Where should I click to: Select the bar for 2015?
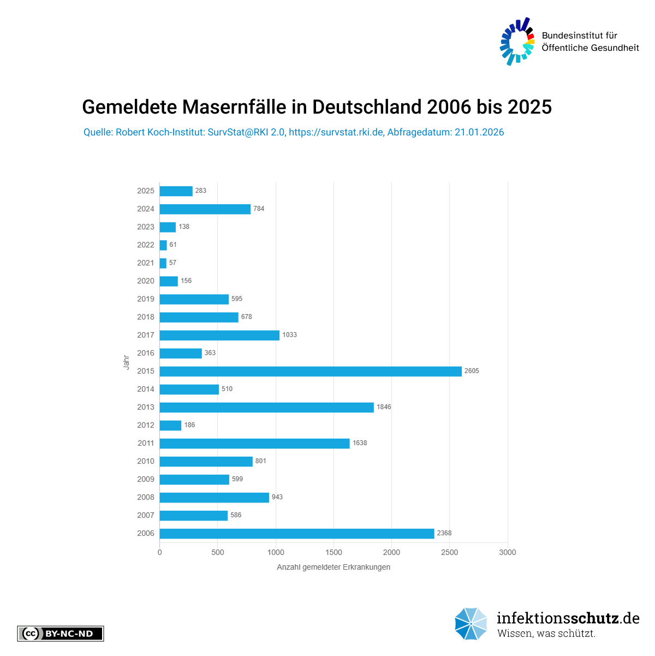click(311, 371)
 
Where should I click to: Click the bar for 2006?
click(297, 534)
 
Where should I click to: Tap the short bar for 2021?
click(163, 263)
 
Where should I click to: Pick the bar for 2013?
click(267, 407)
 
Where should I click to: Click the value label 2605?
click(472, 371)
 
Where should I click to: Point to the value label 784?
click(259, 209)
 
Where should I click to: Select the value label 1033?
click(289, 335)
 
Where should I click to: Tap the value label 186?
click(189, 425)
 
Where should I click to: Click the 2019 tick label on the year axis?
click(146, 299)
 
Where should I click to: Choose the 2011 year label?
click(146, 444)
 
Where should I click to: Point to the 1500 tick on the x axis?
click(334, 553)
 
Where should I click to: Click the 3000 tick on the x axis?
click(508, 553)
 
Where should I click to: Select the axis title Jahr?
click(126, 362)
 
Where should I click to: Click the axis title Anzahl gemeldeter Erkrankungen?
click(334, 568)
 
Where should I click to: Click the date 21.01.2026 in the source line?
click(479, 132)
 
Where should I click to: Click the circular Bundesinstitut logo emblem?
click(517, 42)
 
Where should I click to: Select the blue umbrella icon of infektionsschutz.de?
click(471, 624)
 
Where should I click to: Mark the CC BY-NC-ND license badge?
click(61, 634)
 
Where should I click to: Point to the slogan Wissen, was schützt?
click(546, 634)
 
